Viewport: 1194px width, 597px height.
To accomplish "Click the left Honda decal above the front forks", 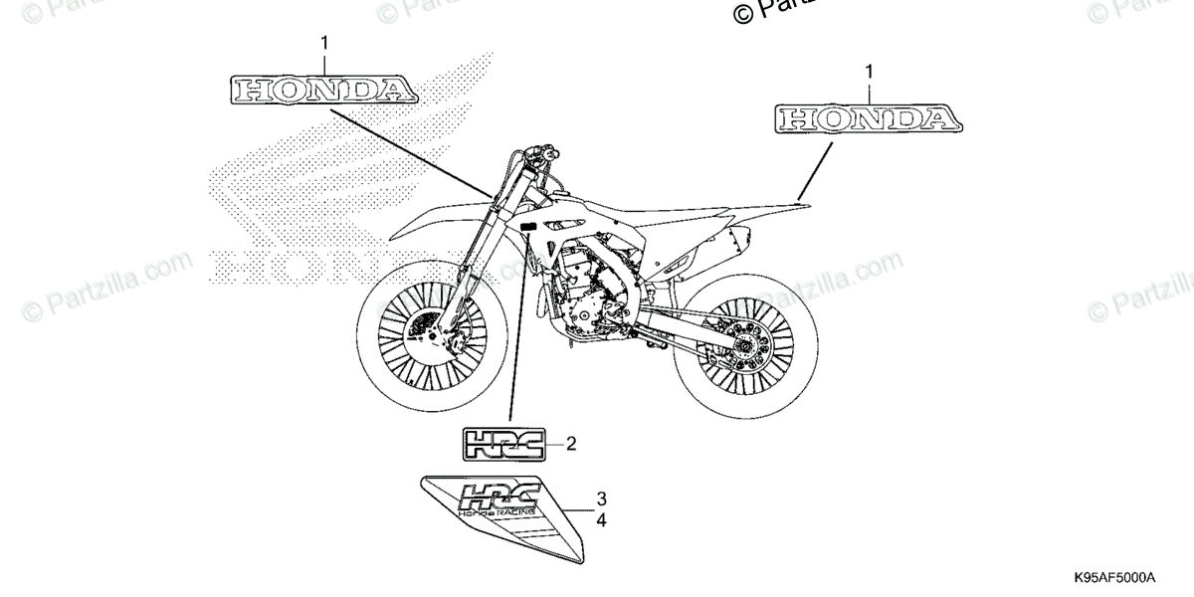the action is (x=323, y=91).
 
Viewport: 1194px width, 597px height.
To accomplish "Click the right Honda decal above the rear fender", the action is (x=867, y=119).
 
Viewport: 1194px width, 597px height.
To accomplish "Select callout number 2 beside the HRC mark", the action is (x=570, y=444).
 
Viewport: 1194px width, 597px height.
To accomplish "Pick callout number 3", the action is (x=602, y=498).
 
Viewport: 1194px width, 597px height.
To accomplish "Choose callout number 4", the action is (x=602, y=518).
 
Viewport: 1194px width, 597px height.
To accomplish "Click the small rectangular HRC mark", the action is (x=503, y=445).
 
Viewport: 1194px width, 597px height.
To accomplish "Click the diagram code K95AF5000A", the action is (x=1112, y=578).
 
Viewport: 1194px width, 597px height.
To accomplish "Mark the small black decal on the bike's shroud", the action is (x=527, y=228).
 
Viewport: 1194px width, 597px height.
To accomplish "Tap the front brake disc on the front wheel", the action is (x=438, y=333).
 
